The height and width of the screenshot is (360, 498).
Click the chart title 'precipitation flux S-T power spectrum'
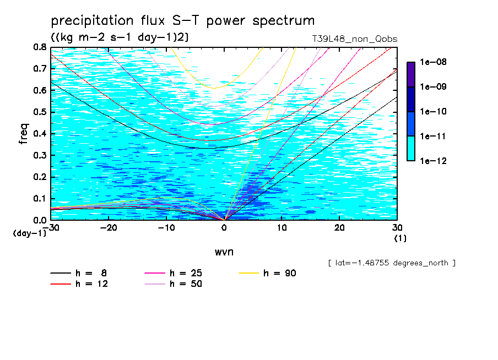[183, 21]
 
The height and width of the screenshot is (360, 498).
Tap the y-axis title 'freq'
[24, 134]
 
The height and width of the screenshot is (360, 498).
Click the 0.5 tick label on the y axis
[39, 112]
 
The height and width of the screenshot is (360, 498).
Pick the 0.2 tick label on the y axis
[39, 177]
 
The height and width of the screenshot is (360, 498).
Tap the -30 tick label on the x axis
[51, 227]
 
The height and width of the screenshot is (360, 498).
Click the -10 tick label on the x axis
[166, 227]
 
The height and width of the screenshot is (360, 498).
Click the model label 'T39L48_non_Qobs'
[354, 39]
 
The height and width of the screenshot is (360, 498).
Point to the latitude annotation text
[392, 263]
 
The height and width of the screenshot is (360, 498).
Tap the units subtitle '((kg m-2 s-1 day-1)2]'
[120, 37]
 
